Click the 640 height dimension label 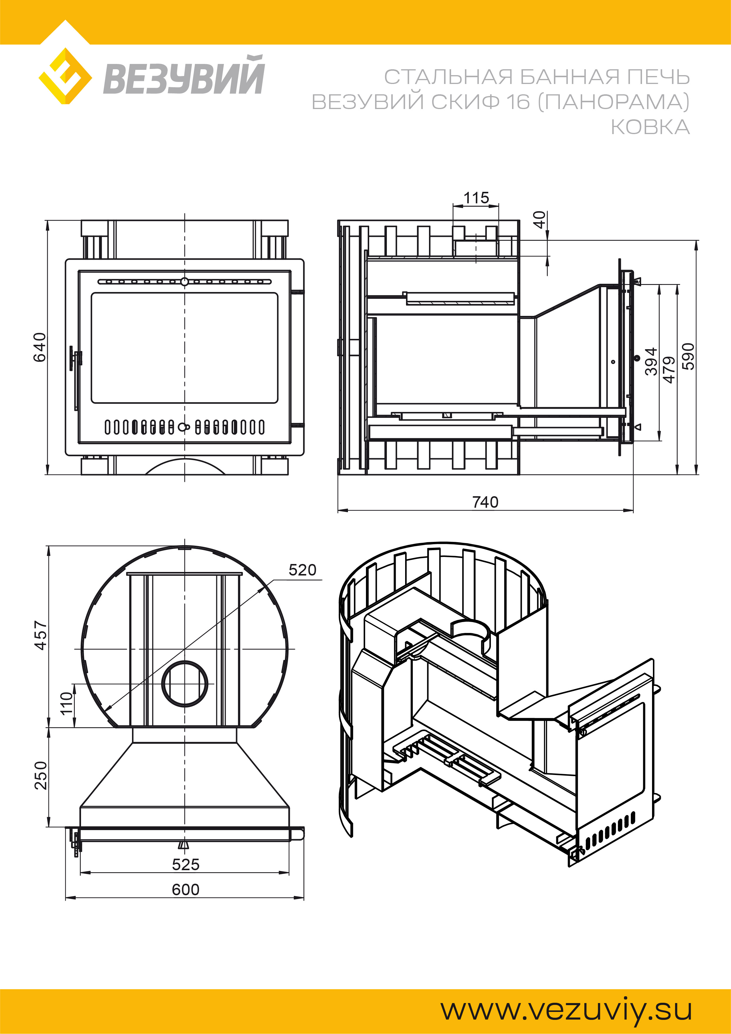[x=40, y=347]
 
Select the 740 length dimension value [x=485, y=502]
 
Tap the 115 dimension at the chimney [x=476, y=198]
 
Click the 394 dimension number [x=651, y=362]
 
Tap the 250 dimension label [x=41, y=776]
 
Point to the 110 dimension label [x=66, y=703]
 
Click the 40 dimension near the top [x=539, y=220]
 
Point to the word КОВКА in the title [x=650, y=127]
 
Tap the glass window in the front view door [x=185, y=348]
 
